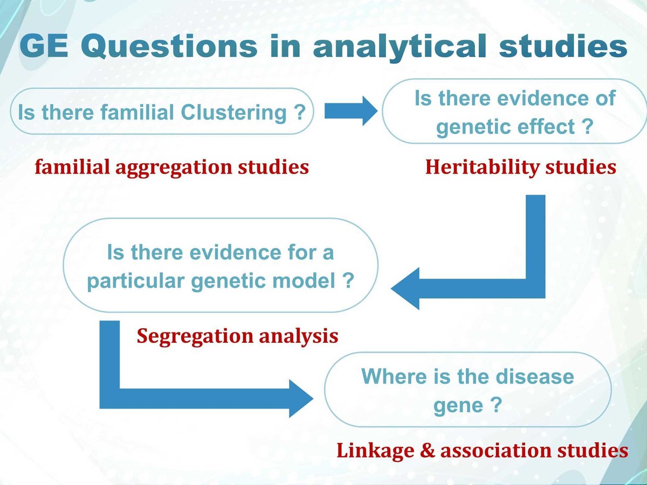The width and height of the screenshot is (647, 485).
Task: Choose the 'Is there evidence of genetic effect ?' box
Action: click(514, 112)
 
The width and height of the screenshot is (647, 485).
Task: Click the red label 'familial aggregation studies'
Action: click(172, 167)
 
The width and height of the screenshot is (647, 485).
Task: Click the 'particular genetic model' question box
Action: click(221, 266)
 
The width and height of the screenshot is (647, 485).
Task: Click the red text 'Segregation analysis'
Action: click(237, 336)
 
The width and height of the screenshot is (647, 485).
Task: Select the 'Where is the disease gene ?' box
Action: click(467, 390)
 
